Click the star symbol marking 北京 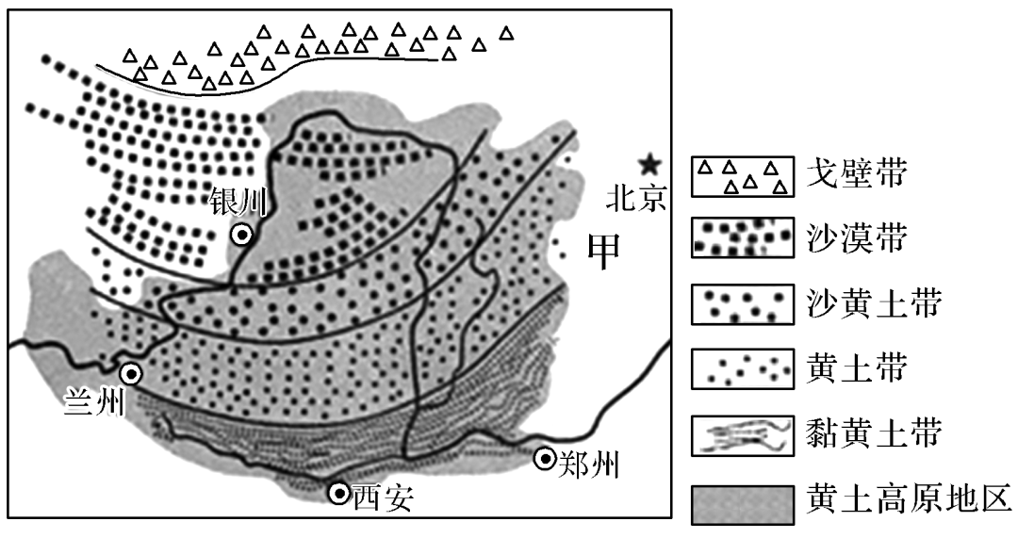[648, 164]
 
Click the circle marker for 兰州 [132, 374]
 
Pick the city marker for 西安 [338, 492]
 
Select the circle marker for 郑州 [545, 459]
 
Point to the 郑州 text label [588, 461]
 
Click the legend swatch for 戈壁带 [740, 177]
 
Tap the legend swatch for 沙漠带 [740, 240]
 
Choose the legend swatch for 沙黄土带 [740, 303]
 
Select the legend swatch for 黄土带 [740, 367]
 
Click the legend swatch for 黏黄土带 [740, 435]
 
